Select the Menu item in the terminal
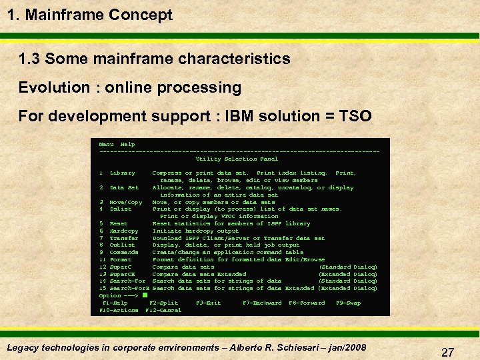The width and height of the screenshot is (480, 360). tap(106, 144)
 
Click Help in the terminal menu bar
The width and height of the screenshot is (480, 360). tap(127, 144)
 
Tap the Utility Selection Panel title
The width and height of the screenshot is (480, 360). tap(237, 159)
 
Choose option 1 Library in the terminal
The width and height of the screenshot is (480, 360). tap(121, 173)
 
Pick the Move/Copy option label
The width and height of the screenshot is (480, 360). tap(125, 202)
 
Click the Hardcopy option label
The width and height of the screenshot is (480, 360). tap(123, 231)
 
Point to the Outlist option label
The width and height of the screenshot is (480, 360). tap(122, 245)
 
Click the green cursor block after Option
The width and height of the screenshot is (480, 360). tap(144, 295)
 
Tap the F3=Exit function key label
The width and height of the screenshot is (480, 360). tap(208, 303)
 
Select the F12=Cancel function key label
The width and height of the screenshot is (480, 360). tap(163, 310)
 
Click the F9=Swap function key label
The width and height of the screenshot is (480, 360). tap(349, 303)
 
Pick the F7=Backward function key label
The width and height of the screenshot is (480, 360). tap(262, 303)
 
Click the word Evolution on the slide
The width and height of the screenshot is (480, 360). tap(53, 87)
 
